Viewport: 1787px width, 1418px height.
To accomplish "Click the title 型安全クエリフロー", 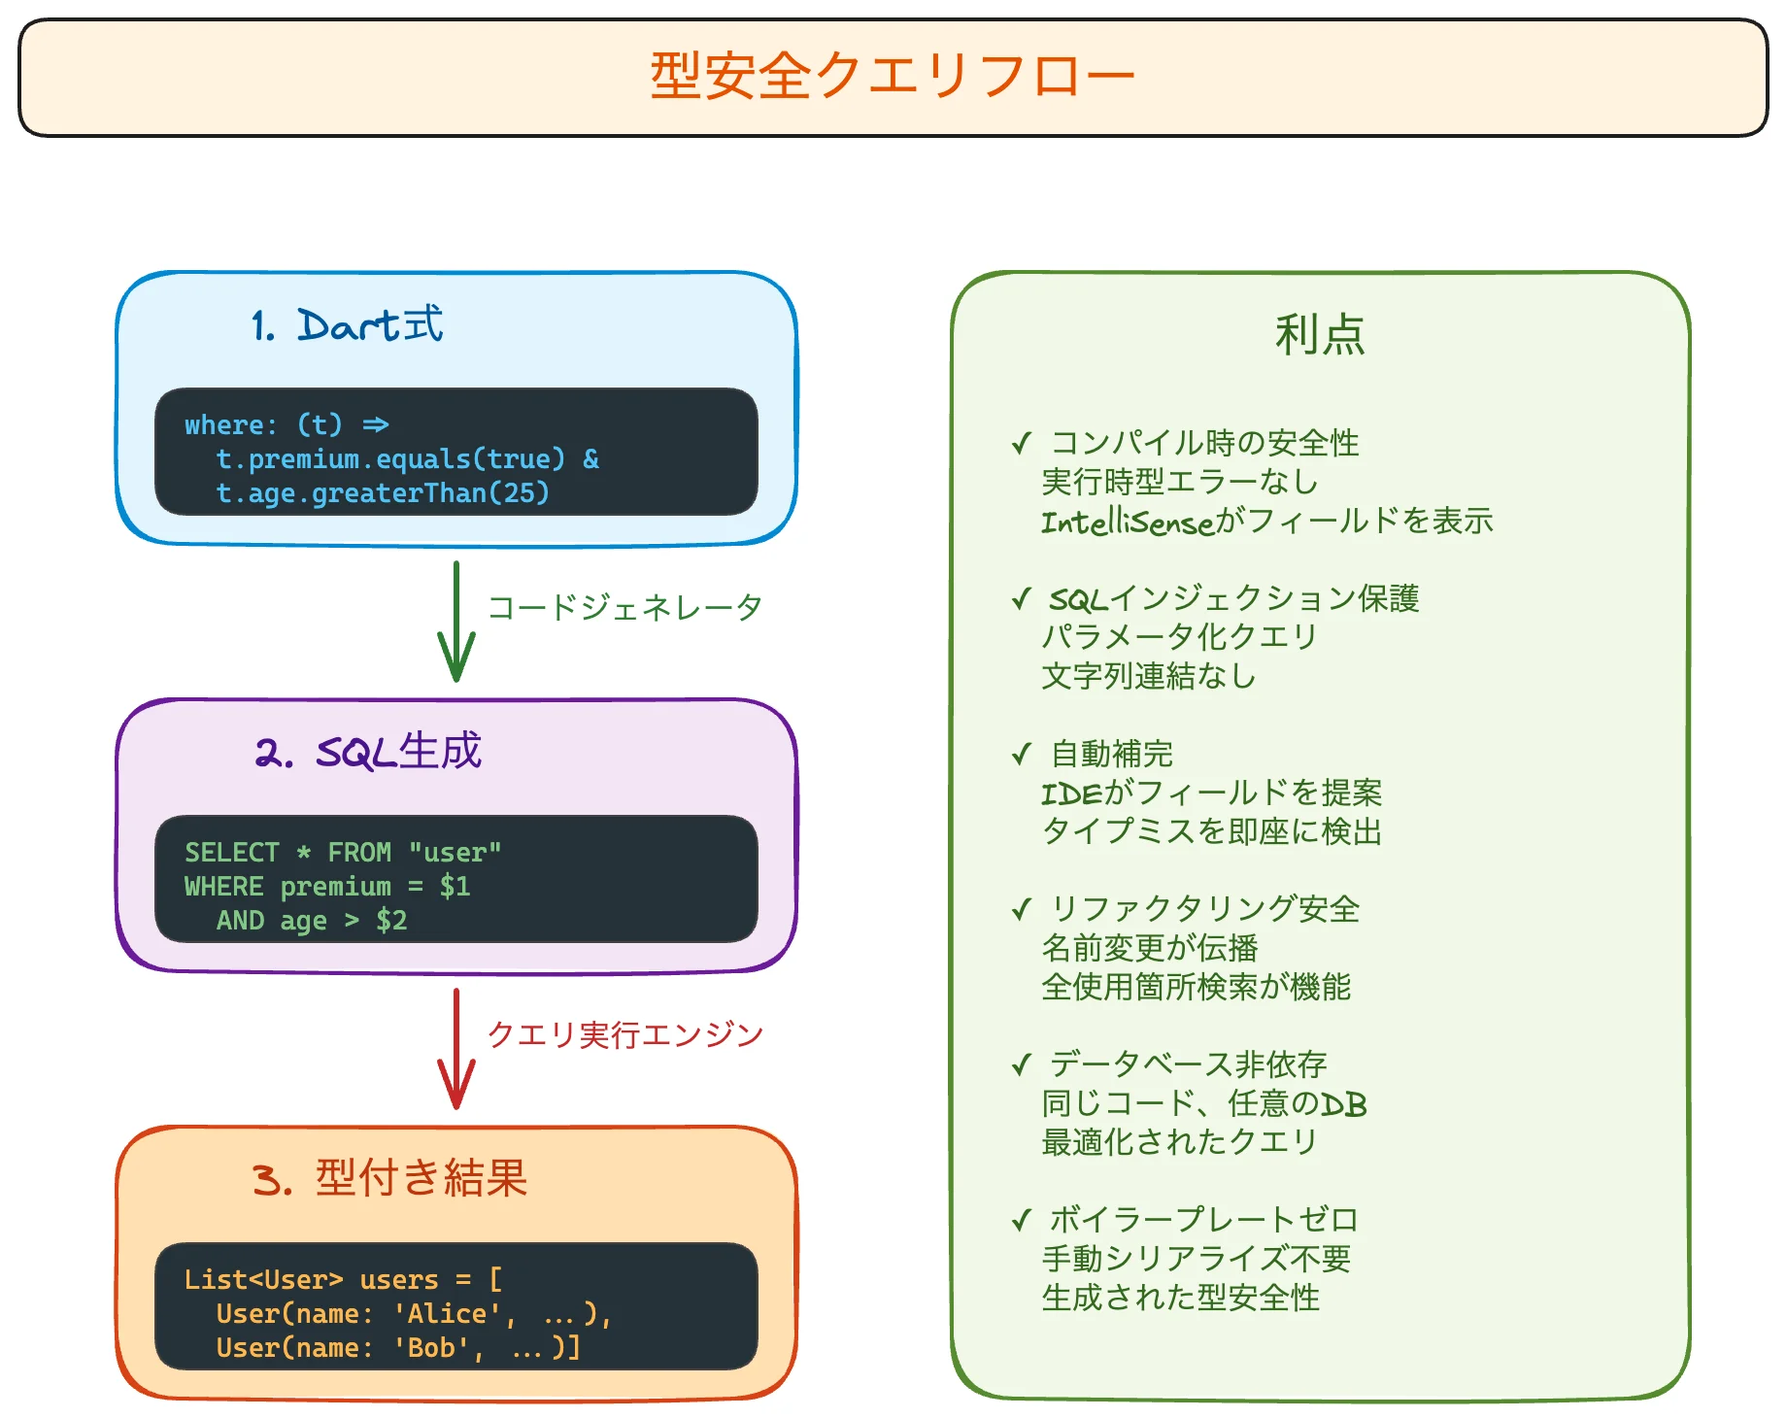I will [x=892, y=76].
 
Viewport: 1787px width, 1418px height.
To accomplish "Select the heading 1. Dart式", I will [x=347, y=325].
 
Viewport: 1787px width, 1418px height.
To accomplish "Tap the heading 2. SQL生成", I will [x=368, y=752].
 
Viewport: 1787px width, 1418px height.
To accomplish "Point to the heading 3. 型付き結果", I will [x=389, y=1179].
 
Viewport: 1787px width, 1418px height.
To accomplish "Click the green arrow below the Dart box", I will [x=455, y=622].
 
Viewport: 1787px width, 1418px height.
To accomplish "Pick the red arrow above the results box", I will [x=455, y=1049].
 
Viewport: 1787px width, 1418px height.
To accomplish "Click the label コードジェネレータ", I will [x=624, y=608].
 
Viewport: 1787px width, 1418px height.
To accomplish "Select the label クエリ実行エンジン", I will [x=624, y=1035].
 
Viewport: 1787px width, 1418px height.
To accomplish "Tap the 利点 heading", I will [x=1320, y=335].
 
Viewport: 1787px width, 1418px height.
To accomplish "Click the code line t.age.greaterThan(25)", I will [x=383, y=493].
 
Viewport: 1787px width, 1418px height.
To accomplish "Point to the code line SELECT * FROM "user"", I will [x=343, y=853].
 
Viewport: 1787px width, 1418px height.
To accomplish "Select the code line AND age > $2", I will [x=311, y=921].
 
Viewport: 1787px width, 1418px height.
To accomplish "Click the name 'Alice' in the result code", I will [x=448, y=1314].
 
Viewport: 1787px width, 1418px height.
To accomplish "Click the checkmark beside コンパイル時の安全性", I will [x=1021, y=444].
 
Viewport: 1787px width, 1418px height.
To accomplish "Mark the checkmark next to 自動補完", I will [x=1021, y=755].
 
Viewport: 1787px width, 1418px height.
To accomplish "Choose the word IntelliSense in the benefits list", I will [x=1128, y=523].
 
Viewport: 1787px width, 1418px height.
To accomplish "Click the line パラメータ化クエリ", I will [x=1179, y=638].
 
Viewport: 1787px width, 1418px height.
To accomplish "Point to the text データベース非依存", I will [x=1188, y=1065].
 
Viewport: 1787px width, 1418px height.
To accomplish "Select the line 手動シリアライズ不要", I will [x=1196, y=1260].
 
